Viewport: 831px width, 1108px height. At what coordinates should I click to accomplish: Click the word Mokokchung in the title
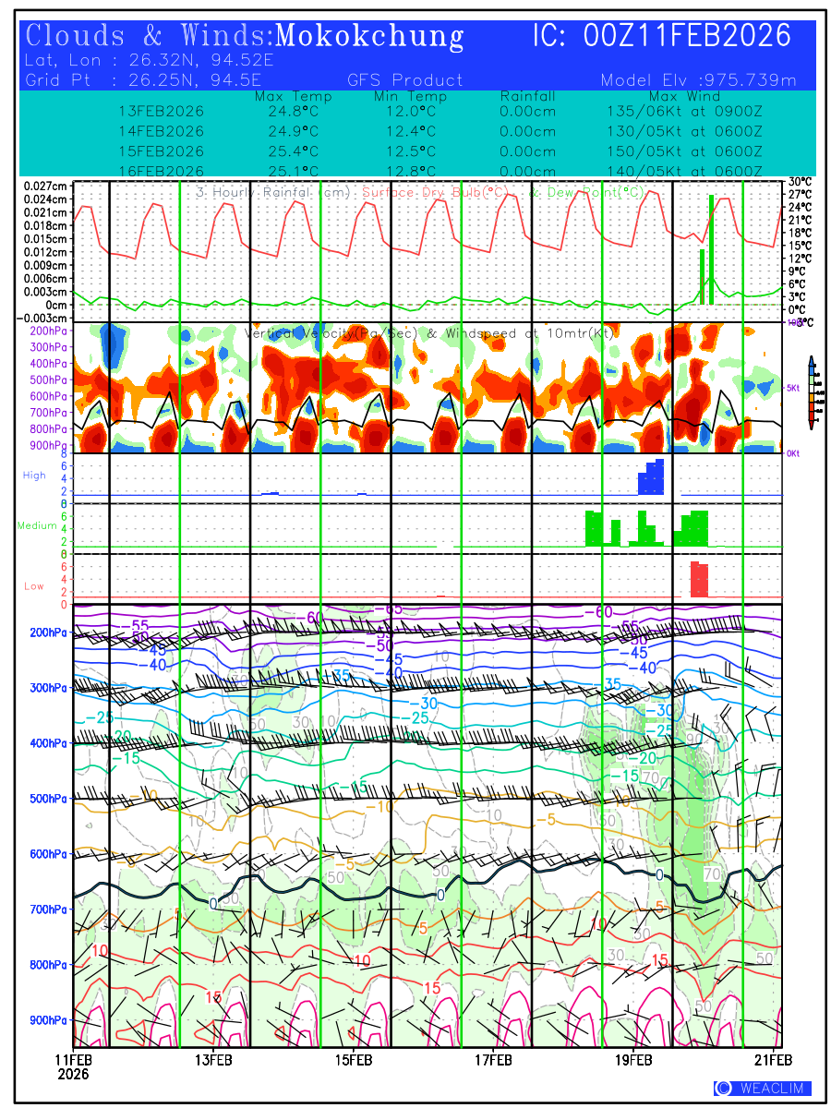[369, 36]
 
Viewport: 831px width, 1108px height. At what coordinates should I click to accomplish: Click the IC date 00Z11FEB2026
[687, 36]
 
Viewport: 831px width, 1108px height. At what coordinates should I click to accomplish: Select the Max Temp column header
[293, 96]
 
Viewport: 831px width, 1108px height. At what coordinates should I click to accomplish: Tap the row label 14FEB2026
[162, 131]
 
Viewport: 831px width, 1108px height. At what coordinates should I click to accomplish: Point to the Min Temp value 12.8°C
[410, 171]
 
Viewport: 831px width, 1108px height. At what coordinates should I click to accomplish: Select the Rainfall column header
[527, 96]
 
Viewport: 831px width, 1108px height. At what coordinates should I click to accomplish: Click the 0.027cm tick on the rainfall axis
[46, 186]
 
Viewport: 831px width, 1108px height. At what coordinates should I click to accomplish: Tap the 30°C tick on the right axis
[799, 182]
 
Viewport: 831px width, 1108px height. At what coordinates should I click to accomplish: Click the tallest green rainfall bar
[711, 249]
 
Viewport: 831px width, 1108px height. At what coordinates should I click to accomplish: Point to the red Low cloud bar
[699, 579]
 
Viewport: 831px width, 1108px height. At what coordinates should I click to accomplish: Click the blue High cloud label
[34, 475]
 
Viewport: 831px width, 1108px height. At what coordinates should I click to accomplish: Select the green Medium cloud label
[37, 525]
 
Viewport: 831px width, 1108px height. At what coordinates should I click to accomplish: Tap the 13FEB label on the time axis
[213, 1059]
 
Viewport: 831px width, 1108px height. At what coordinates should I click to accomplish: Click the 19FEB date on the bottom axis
[634, 1059]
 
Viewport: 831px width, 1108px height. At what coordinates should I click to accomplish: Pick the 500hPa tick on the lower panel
[46, 799]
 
